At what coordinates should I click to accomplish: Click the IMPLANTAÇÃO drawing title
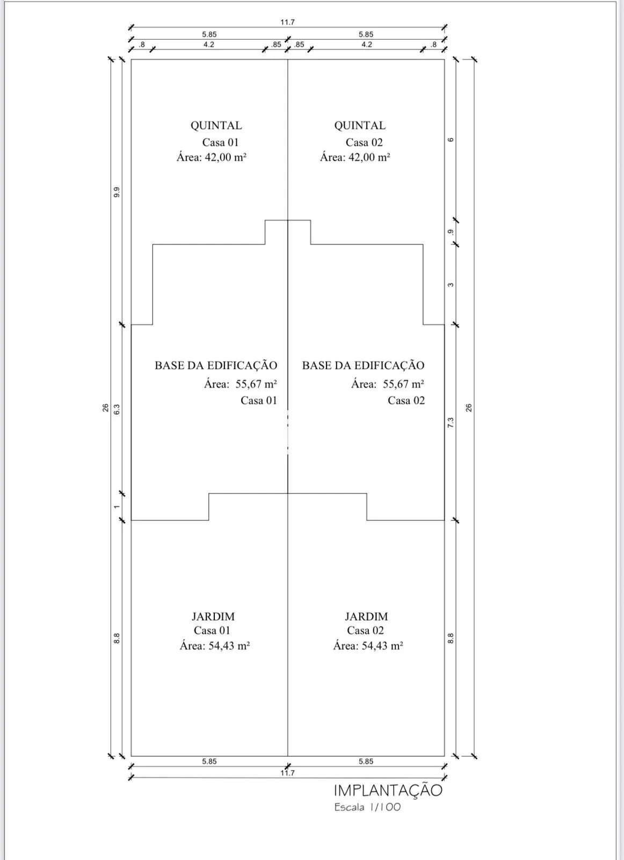388,791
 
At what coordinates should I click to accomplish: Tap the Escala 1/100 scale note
367,807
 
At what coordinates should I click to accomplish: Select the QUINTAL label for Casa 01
216,126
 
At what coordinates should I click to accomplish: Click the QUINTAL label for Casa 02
360,126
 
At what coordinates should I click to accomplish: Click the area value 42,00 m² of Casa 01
226,157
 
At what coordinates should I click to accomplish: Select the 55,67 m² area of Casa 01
256,384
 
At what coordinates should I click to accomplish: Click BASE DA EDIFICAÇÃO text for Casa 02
363,365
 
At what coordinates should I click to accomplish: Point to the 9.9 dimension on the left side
117,192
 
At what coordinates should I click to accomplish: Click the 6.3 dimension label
117,409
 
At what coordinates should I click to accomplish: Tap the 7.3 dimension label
451,422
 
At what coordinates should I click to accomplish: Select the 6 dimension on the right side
451,140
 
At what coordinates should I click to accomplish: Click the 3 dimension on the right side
451,285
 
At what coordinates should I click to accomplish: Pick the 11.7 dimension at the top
287,22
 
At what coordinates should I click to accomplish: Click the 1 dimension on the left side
117,507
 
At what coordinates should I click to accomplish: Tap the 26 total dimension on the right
469,408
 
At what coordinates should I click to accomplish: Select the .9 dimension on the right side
451,232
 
